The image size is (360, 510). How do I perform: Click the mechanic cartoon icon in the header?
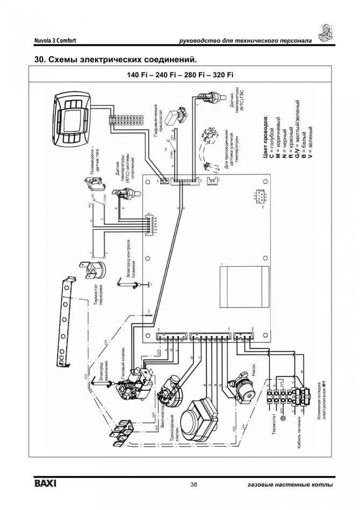click(x=327, y=34)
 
